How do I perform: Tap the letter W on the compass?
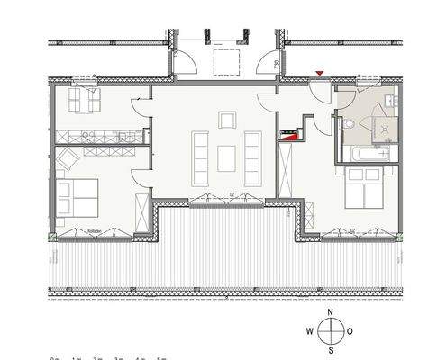(x=310, y=330)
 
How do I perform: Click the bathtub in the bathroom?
(x=366, y=154)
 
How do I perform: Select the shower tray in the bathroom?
(x=382, y=129)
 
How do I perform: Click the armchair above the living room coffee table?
(x=226, y=120)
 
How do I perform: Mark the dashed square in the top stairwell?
(x=223, y=62)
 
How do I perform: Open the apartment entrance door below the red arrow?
(x=320, y=88)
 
